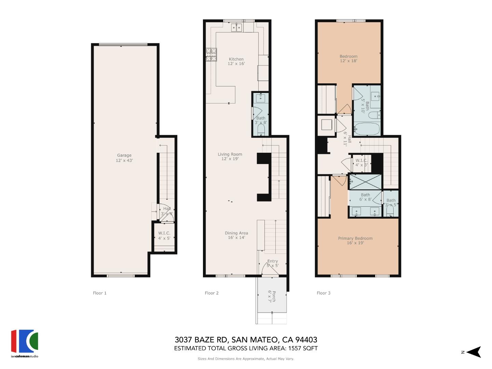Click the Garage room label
pos(124,158)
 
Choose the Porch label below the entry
pos(272,296)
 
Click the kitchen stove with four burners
pos(211,54)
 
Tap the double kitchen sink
pos(236,27)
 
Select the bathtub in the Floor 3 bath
pos(367,129)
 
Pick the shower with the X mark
pos(365,182)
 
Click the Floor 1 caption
pos(100,293)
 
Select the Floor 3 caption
pos(324,293)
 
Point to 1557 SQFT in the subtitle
pos(303,348)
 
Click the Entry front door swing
pos(270,270)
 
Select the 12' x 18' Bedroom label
pos(348,58)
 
